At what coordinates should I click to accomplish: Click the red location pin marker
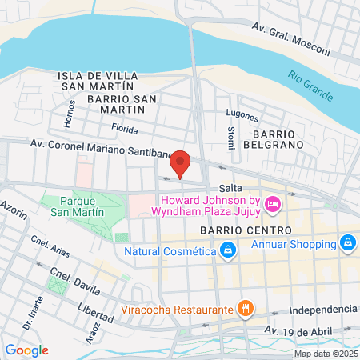[x=181, y=163]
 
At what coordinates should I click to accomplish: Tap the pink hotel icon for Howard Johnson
[x=272, y=205]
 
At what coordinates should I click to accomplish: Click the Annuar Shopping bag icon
[x=347, y=241]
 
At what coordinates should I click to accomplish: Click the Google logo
[x=26, y=350]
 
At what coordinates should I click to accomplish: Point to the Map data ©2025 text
[x=326, y=354]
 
